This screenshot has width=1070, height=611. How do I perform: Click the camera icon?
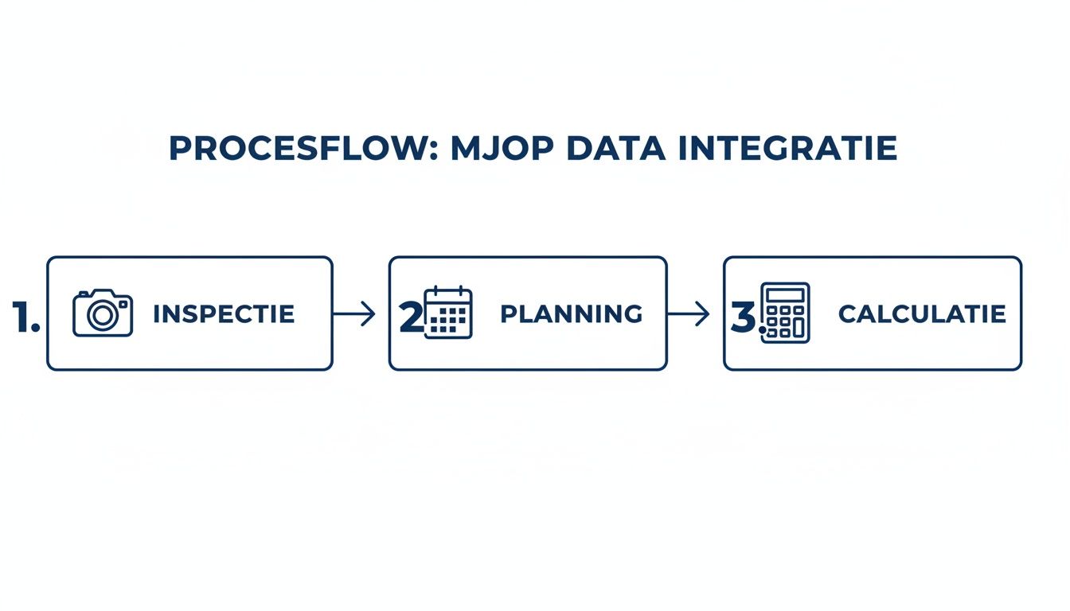pos(103,313)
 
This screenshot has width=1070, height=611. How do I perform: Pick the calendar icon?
pos(448,313)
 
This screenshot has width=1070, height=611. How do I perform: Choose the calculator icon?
pos(785,313)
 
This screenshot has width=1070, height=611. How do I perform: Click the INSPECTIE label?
pos(224,314)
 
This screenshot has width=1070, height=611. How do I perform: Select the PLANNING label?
pos(571,314)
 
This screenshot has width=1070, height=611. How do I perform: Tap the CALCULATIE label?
pos(922,314)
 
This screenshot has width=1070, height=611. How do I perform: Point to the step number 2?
pos(411,317)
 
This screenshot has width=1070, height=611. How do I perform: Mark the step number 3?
pos(743,317)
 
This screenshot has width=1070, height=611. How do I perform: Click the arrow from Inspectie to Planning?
pos(353,314)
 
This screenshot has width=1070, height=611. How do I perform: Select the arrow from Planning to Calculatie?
pos(688,314)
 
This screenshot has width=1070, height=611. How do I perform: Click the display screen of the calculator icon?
pos(785,295)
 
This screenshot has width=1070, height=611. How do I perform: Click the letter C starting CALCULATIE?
pos(847,314)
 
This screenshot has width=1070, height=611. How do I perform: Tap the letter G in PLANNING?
pos(633,314)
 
